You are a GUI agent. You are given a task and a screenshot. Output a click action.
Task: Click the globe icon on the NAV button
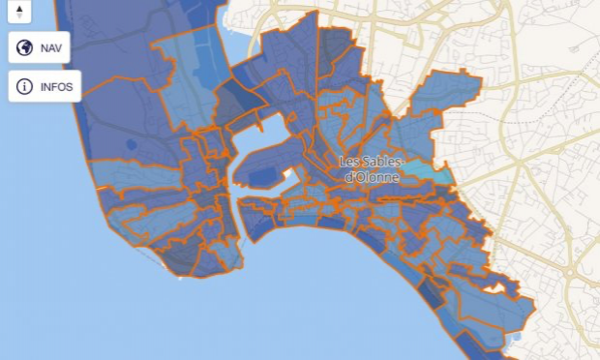pyautogui.click(x=25, y=48)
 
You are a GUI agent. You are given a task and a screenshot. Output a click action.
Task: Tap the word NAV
pyautogui.click(x=50, y=48)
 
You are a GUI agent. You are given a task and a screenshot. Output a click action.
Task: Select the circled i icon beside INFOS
pyautogui.click(x=25, y=86)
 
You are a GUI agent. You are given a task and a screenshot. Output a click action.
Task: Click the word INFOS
pyautogui.click(x=55, y=86)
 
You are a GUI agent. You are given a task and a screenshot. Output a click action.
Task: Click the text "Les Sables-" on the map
pyautogui.click(x=370, y=162)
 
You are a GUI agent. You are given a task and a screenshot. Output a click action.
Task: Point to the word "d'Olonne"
pyautogui.click(x=370, y=177)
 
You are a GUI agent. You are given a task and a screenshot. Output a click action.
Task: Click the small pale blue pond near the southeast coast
pyautogui.click(x=512, y=338)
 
